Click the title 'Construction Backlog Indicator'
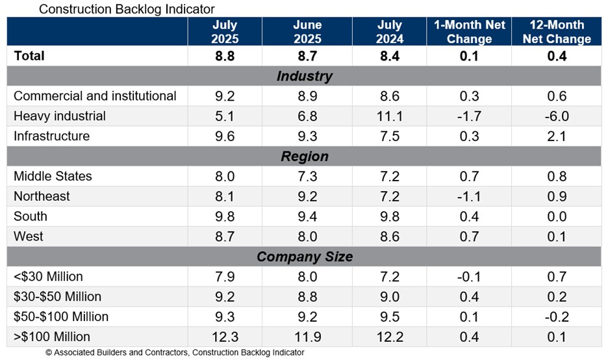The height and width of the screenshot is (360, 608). coord(127,9)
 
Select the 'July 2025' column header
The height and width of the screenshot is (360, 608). coord(225,32)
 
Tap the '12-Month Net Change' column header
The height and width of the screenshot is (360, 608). coord(557,32)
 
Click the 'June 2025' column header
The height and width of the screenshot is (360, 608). coord(307,32)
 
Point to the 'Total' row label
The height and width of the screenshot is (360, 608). coord(29,56)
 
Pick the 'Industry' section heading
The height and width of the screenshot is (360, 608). coord(304,76)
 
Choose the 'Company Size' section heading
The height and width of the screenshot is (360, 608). coord(304,257)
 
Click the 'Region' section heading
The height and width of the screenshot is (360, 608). coord(304,157)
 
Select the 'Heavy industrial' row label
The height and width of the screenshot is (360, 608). coord(60,116)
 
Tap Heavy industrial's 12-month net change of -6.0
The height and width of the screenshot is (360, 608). coord(557,116)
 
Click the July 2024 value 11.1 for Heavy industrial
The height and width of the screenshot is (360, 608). coord(390,116)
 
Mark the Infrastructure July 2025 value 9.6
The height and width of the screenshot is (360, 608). coord(225,136)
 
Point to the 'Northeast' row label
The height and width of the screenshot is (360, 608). coord(42,196)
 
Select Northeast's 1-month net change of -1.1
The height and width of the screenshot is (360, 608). coord(469,196)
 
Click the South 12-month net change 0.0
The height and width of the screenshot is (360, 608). coord(557,216)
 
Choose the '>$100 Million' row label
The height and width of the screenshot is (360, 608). coord(52,337)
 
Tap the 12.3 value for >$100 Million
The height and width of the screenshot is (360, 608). coord(225,337)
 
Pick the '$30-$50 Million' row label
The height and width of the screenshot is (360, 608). coord(57,297)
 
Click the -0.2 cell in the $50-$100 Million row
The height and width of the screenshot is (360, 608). coord(557,317)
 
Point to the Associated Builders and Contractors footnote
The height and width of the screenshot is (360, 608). coord(174,353)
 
